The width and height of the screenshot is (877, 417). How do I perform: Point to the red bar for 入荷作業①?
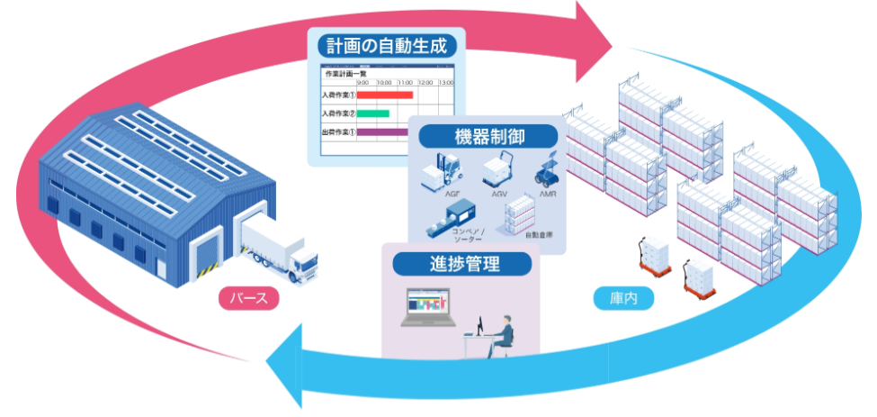pos(385,95)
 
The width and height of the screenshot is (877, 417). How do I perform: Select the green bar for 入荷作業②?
pos(373,113)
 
